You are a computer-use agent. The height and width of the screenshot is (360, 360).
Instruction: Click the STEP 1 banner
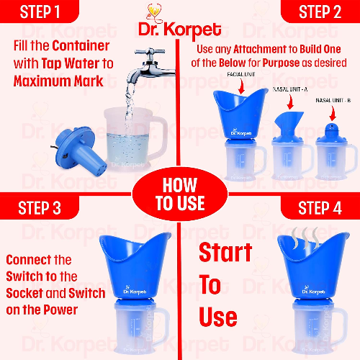40,12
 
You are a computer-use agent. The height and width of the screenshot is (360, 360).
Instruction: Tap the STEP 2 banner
320,12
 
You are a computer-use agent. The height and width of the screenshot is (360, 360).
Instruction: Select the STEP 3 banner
40,207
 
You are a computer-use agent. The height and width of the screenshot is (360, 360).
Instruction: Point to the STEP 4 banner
320,207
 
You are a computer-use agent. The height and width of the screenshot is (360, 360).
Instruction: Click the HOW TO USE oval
180,194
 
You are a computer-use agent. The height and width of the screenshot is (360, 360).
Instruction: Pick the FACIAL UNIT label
241,74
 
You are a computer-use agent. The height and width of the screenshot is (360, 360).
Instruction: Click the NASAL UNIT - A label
290,89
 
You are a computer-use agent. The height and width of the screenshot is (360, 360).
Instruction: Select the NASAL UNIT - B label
333,100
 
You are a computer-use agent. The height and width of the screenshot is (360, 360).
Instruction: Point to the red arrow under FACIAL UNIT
241,86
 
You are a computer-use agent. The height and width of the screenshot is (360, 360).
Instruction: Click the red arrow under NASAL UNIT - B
333,113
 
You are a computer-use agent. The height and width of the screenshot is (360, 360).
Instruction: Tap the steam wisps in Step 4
305,238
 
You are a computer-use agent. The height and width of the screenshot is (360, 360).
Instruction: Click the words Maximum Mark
58,81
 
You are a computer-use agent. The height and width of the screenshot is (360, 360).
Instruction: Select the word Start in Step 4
225,252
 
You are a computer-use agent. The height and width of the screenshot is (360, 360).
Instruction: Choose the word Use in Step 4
218,317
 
